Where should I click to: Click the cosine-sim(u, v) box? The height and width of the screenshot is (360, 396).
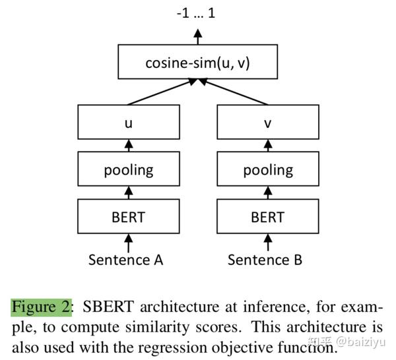coord(198,64)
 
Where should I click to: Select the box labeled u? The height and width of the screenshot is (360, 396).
coord(128,123)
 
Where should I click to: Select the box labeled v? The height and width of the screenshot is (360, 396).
coord(267,123)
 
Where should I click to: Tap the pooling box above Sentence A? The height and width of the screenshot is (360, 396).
coord(128,170)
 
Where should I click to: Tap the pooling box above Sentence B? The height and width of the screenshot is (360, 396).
coord(267,170)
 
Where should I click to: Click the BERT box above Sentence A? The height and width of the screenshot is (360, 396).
coord(128,217)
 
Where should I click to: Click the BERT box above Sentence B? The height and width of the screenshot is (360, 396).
coord(267,217)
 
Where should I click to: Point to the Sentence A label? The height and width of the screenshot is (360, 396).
coord(125,259)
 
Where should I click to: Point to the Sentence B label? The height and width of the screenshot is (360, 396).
coord(265,259)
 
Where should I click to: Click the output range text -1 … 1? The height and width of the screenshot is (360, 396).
coord(195,13)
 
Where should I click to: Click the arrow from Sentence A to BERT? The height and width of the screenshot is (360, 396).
coord(129,241)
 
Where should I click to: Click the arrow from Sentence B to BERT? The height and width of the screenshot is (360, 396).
coord(268,241)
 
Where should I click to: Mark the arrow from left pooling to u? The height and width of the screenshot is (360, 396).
coord(129,146)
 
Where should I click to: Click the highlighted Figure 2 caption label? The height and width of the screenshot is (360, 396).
coord(41,308)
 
